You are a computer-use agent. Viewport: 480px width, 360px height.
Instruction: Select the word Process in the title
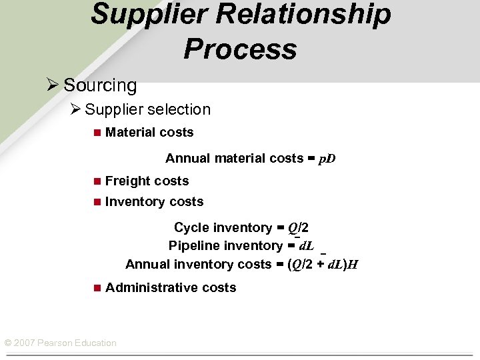240,49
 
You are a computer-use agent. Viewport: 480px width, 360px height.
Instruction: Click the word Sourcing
100,85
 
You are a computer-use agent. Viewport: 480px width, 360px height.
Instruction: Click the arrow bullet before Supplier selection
76,109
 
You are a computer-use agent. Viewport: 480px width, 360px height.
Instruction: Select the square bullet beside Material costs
97,133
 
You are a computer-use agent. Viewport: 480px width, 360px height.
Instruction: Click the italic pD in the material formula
327,159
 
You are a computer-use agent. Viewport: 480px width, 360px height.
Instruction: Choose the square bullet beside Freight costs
97,181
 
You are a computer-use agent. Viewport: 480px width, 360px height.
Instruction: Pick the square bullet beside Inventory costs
97,202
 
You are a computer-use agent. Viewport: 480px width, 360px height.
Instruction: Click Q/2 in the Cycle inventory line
298,228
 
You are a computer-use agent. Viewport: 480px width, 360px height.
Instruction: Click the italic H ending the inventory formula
353,265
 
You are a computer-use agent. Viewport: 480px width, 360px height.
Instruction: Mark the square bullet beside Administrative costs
97,288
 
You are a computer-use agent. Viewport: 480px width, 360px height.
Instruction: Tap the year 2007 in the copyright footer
24,343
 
